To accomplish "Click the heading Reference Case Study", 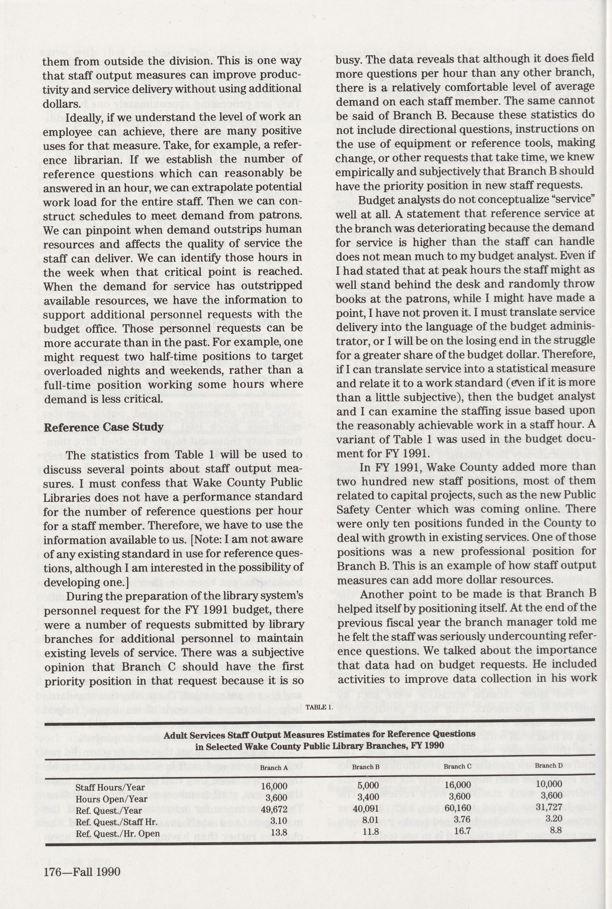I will click(x=103, y=427).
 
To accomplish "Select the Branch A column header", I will click(x=274, y=768).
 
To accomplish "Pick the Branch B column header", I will click(x=366, y=767).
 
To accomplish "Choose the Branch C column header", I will click(x=457, y=766).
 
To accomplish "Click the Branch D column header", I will click(x=548, y=765).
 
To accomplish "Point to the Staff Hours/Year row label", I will click(x=110, y=787).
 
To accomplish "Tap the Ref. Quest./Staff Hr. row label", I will click(x=116, y=822).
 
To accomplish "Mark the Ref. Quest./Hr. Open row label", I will click(x=118, y=834).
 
